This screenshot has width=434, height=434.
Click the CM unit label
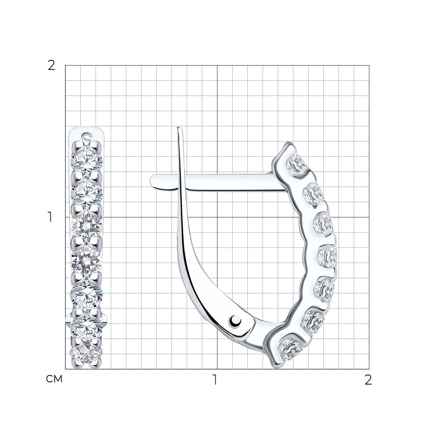point(54,379)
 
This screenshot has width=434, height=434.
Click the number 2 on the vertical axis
point(52,66)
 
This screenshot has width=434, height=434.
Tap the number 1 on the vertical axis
point(50,217)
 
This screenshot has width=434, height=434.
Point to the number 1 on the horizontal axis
point(215,380)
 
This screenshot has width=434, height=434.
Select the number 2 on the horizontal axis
point(368,380)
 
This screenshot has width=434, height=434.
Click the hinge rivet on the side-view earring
point(235,321)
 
